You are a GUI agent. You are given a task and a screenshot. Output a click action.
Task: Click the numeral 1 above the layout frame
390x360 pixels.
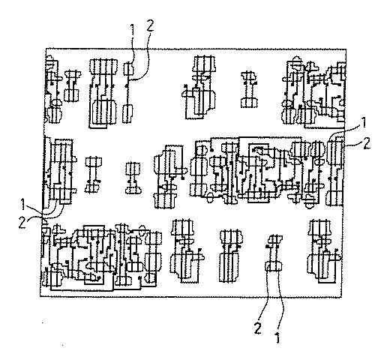tap(133, 31)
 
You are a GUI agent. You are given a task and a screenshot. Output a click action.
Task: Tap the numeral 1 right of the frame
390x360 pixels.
tap(364, 122)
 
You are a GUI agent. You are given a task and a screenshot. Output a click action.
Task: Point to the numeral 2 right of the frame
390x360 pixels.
tap(367, 144)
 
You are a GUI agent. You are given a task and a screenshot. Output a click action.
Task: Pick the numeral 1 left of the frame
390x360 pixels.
tap(23, 204)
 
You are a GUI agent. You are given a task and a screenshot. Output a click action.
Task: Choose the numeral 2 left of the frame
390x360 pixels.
tap(22, 222)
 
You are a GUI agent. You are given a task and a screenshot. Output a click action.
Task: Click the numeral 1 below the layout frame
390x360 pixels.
tap(277, 337)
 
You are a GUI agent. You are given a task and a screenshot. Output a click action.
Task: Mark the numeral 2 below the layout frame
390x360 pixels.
tap(258, 328)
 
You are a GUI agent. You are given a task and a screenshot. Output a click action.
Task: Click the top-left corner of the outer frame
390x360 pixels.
tap(46, 49)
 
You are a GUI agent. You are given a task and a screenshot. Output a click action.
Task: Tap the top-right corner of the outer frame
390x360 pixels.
tap(346, 49)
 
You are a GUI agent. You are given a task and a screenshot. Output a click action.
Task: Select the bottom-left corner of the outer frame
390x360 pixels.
tap(40, 296)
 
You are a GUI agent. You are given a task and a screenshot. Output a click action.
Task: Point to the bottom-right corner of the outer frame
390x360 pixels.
tap(342, 297)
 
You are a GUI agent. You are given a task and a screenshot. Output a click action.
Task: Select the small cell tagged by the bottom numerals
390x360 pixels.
tap(274, 253)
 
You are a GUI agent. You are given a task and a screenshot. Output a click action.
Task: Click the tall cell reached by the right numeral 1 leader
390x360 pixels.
tap(335, 173)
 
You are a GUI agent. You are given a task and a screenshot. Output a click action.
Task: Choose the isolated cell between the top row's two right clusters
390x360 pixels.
tap(249, 89)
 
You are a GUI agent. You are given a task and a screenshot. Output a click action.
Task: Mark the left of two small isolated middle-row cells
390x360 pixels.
tap(93, 175)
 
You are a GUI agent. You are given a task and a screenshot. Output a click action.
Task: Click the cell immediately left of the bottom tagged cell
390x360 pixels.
tap(231, 256)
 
